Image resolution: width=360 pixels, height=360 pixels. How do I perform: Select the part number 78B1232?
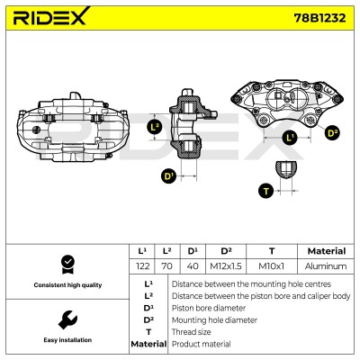(319, 18)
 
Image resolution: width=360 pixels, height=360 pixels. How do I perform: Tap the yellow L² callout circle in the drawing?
(155, 128)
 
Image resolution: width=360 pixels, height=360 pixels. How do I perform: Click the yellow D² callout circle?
(332, 133)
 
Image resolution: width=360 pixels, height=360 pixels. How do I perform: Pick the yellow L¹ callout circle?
(290, 138)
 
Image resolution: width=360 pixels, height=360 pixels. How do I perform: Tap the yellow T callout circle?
(266, 191)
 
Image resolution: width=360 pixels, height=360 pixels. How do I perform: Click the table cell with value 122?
(142, 266)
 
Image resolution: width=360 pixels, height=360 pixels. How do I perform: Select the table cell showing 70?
(166, 266)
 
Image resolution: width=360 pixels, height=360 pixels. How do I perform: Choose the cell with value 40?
(193, 266)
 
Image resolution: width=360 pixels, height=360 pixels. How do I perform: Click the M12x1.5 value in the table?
(226, 266)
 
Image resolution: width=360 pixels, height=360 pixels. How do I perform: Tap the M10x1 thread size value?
(271, 266)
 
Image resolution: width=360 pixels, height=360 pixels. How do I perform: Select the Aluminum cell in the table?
(326, 266)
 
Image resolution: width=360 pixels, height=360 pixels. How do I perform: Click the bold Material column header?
(327, 251)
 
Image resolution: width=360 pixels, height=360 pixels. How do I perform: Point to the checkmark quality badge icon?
(67, 265)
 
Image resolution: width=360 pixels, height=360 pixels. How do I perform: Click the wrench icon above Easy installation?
(67, 319)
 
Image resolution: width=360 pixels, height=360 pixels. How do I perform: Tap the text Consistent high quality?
(67, 285)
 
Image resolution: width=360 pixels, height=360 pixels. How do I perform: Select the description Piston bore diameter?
(209, 308)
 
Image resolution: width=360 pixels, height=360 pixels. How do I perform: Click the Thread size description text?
(191, 332)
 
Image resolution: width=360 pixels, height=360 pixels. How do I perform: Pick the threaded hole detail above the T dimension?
(286, 170)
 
